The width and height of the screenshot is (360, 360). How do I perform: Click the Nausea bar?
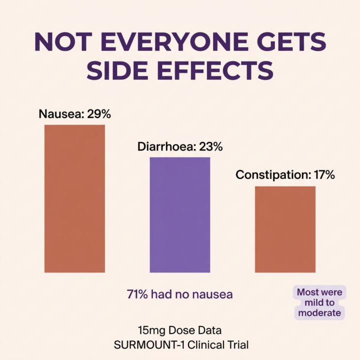(74, 198)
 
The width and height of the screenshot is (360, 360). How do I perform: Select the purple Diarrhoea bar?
(180, 214)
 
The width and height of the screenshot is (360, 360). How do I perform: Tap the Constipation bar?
(285, 229)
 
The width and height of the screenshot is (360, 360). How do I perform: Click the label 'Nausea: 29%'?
(75, 114)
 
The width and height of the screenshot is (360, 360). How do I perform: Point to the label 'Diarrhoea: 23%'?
(180, 147)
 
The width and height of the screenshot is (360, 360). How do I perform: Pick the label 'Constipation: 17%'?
(285, 175)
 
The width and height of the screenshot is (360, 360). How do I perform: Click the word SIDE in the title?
(115, 71)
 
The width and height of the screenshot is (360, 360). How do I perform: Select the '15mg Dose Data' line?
(180, 330)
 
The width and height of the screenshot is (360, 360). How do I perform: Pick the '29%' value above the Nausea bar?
(98, 114)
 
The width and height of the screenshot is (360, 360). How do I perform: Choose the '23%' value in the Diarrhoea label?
(210, 147)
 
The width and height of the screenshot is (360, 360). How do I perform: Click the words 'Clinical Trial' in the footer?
(219, 344)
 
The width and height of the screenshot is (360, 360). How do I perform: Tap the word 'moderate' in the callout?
(319, 313)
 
